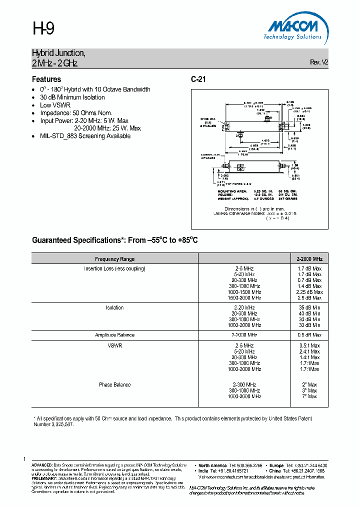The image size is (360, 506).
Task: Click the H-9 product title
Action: (43, 29)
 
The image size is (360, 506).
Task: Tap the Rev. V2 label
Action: (319, 62)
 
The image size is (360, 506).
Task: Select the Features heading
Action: (46, 79)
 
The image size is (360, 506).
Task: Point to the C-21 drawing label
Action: (198, 79)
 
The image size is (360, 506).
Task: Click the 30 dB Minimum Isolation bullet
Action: (72, 97)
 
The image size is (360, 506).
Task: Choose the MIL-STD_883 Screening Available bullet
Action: (85, 136)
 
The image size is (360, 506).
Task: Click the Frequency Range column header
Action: (114, 259)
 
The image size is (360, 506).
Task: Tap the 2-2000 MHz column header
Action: (309, 259)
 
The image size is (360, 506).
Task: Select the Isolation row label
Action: (114, 307)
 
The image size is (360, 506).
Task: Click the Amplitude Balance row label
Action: (114, 335)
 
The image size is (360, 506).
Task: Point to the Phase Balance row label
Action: (114, 384)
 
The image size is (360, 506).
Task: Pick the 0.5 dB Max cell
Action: (309, 335)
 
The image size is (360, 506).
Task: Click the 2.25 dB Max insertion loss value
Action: (309, 292)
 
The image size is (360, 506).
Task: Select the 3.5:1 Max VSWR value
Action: (309, 345)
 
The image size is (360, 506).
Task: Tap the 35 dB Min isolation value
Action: (309, 307)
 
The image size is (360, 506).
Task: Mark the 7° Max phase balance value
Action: (309, 396)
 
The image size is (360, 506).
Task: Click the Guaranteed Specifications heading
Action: (115, 240)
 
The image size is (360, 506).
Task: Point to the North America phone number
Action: (246, 465)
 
